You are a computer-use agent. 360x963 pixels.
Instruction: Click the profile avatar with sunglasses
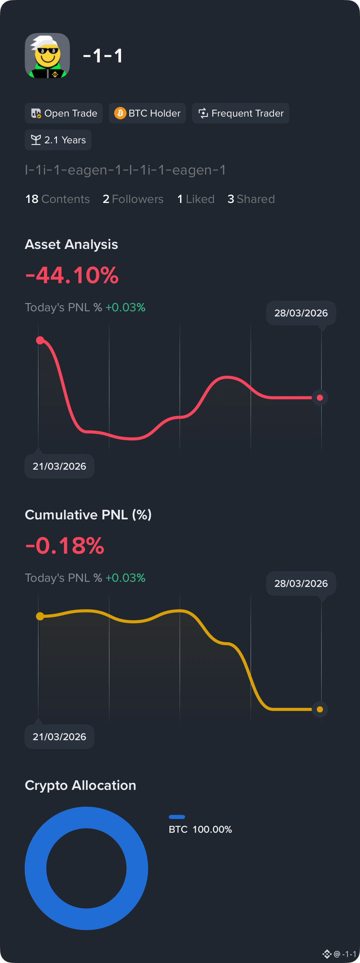[47, 55]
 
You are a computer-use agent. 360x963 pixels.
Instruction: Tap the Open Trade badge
[63, 113]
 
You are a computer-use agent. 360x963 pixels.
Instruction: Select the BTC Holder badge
[147, 113]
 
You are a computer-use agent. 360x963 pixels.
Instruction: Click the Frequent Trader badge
[240, 113]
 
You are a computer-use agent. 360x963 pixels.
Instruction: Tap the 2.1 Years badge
[58, 140]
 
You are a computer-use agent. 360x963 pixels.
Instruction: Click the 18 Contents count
[58, 199]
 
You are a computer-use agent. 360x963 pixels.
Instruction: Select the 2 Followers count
[133, 199]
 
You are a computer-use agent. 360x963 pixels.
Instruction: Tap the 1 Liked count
[196, 199]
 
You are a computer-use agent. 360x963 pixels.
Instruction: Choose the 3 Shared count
[251, 199]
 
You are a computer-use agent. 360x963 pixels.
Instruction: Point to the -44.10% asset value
[72, 275]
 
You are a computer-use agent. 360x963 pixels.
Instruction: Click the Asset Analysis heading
[71, 244]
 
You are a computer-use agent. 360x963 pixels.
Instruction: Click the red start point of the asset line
[40, 340]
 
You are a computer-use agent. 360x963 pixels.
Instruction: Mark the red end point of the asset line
[320, 398]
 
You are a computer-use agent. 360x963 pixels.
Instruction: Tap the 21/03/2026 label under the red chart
[59, 466]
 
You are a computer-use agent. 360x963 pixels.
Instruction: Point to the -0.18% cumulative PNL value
[65, 545]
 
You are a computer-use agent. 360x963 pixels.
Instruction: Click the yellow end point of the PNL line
[320, 709]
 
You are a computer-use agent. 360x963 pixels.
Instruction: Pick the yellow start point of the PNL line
[40, 616]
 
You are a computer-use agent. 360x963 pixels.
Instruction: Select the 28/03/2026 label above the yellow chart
[301, 583]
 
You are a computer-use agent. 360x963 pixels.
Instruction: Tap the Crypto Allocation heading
[80, 785]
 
